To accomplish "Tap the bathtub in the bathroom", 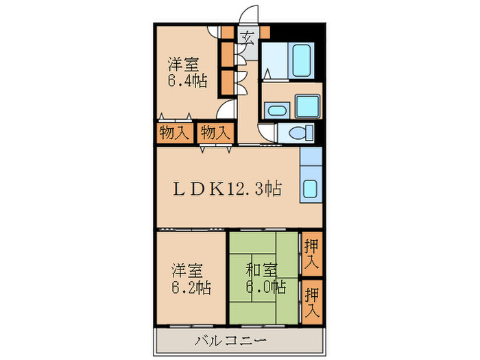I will (x=302, y=61).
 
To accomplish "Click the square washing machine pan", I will (x=307, y=106).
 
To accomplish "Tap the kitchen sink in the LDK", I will (x=311, y=189).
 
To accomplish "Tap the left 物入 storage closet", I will (x=173, y=132).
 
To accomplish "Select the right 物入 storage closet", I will (x=215, y=132).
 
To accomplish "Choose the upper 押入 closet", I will (x=311, y=254).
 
